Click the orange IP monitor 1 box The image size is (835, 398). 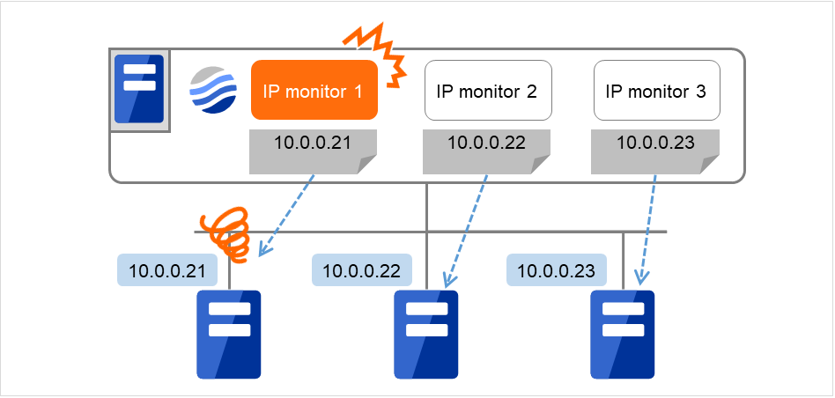[x=314, y=90]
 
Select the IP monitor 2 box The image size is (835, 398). [x=487, y=90]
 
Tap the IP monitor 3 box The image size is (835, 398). [x=656, y=90]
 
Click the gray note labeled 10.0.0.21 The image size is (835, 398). [x=314, y=151]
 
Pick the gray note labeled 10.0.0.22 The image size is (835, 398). [x=487, y=151]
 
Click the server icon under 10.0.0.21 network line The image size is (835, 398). [x=229, y=334]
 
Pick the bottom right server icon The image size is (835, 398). [x=622, y=334]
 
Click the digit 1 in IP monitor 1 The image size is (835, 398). [x=359, y=91]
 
